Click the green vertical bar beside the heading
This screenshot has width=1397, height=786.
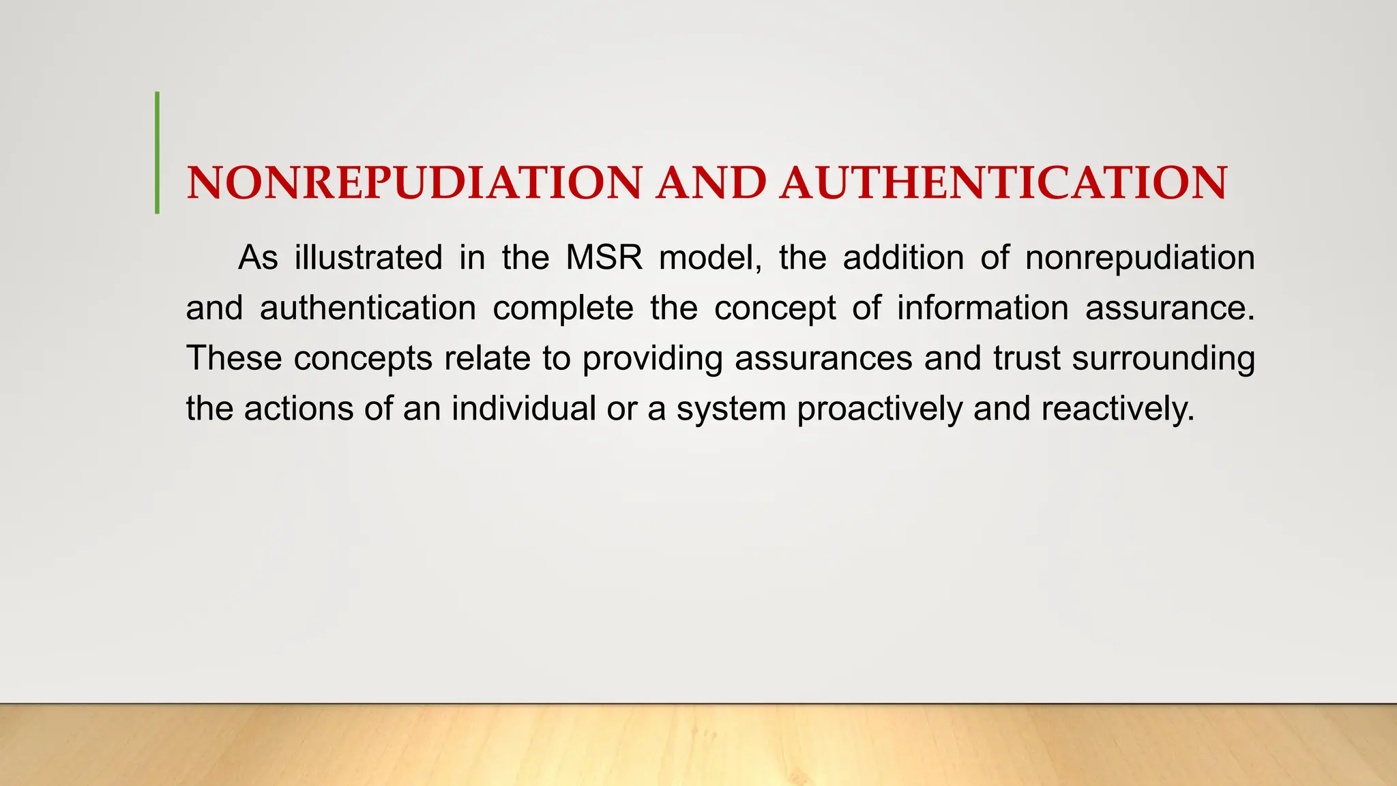click(x=158, y=153)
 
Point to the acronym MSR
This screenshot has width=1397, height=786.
click(x=604, y=258)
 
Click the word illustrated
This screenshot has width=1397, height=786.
click(x=368, y=258)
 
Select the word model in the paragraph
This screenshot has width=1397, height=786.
click(x=710, y=258)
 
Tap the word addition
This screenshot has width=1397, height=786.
click(x=903, y=258)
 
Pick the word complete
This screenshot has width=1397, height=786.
click(x=563, y=308)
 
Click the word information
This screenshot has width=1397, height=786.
click(x=982, y=308)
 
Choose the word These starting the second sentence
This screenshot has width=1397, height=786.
click(x=233, y=358)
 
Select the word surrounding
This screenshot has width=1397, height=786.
click(x=1163, y=360)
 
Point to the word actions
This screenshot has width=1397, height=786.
click(x=298, y=409)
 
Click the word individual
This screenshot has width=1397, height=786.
click(x=523, y=409)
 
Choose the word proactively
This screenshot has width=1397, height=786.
click(x=879, y=410)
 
